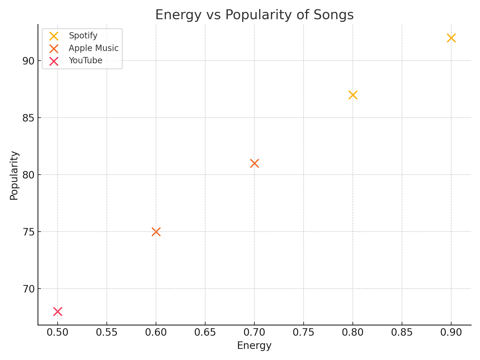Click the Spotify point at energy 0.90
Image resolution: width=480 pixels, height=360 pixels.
[451, 38]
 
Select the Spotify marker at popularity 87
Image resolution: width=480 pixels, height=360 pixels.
[353, 95]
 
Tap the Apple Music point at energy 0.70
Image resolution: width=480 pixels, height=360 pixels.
[254, 163]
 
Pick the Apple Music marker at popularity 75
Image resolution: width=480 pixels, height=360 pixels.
[156, 232]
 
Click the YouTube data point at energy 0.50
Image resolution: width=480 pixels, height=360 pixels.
[58, 311]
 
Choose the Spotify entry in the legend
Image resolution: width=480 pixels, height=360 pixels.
[83, 36]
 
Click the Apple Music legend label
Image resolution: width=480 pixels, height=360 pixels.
[94, 48]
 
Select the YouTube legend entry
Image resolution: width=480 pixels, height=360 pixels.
[85, 61]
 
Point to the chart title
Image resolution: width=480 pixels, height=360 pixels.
[254, 15]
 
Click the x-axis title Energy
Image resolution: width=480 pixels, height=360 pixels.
[254, 346]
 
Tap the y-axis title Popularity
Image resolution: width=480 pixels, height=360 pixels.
[14, 175]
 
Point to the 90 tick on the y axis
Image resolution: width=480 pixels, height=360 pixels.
[28, 61]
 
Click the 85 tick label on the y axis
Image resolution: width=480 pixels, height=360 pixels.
[28, 118]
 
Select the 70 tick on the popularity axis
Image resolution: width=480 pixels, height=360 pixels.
[28, 289]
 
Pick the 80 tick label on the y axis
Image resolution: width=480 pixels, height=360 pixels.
[28, 175]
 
